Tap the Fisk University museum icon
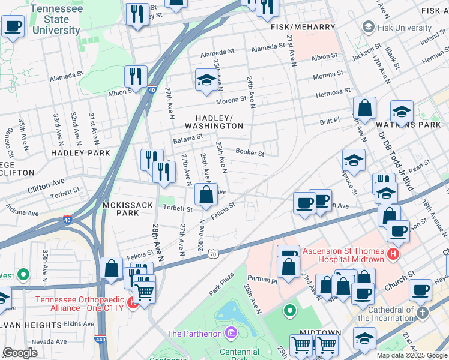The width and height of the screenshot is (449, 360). (x=368, y=27)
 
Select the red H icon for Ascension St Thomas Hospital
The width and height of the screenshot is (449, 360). (x=393, y=254)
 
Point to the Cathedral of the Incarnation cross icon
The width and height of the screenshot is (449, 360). (x=423, y=313)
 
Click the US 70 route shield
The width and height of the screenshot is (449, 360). (x=213, y=254)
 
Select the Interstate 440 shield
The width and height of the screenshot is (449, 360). (x=99, y=340)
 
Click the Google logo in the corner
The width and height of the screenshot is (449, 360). (x=20, y=353)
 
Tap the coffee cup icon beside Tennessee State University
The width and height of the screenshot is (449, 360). (x=13, y=26)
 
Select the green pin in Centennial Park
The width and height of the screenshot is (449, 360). (x=290, y=311)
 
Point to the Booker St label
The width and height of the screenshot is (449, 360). (x=250, y=153)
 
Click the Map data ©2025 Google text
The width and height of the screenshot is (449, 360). (x=411, y=355)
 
